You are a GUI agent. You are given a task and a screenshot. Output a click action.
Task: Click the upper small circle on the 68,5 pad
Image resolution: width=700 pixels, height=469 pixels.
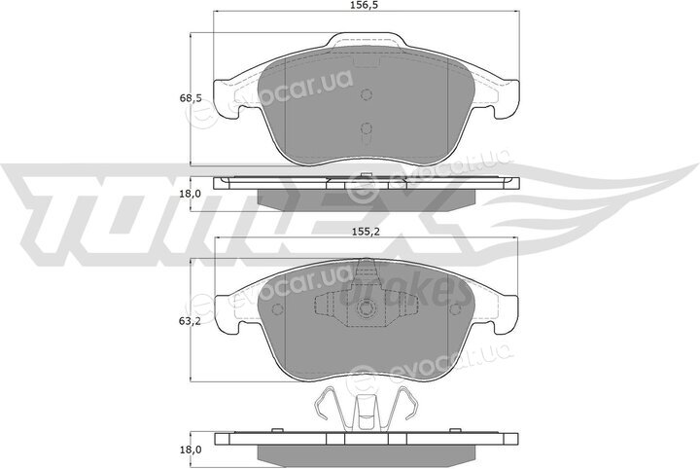(367, 94)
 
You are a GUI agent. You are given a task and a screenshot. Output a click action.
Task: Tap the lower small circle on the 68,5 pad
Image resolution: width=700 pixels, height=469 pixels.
(367, 128)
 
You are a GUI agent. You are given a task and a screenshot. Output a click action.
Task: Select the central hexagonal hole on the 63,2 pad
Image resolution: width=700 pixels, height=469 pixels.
(367, 308)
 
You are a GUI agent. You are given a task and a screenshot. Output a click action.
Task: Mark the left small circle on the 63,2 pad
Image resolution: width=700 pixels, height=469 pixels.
(277, 309)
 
